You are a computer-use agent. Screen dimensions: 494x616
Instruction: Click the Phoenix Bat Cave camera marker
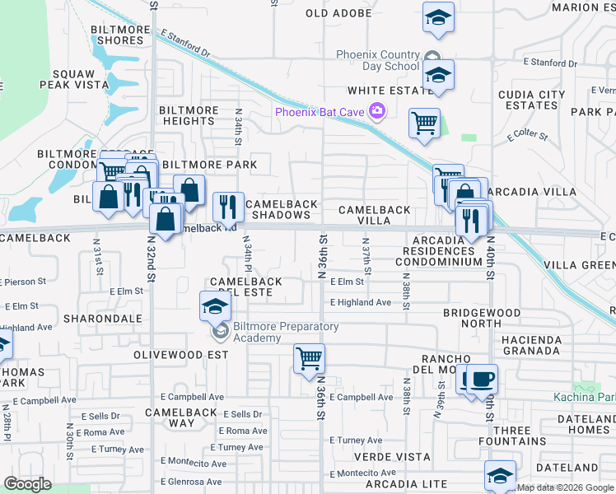coord(377,111)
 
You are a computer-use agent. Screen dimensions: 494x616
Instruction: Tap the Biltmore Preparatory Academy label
coord(286,333)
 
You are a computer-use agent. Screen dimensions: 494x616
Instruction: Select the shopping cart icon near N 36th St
coord(309,359)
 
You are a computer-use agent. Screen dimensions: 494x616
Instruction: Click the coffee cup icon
coord(483,379)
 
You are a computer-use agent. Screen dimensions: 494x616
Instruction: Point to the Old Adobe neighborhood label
coord(339,13)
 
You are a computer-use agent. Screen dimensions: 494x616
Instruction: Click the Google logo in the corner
coord(27,484)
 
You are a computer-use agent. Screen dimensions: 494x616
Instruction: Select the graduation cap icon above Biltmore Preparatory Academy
coord(216,307)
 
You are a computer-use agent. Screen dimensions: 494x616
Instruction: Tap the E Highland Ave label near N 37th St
coord(361,303)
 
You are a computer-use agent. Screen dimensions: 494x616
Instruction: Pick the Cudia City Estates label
coord(535,100)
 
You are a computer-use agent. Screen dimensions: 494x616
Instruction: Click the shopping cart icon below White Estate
coord(424,123)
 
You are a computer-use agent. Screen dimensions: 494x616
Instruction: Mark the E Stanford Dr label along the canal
coord(186,44)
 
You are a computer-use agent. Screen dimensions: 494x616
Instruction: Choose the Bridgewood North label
coord(482,319)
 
